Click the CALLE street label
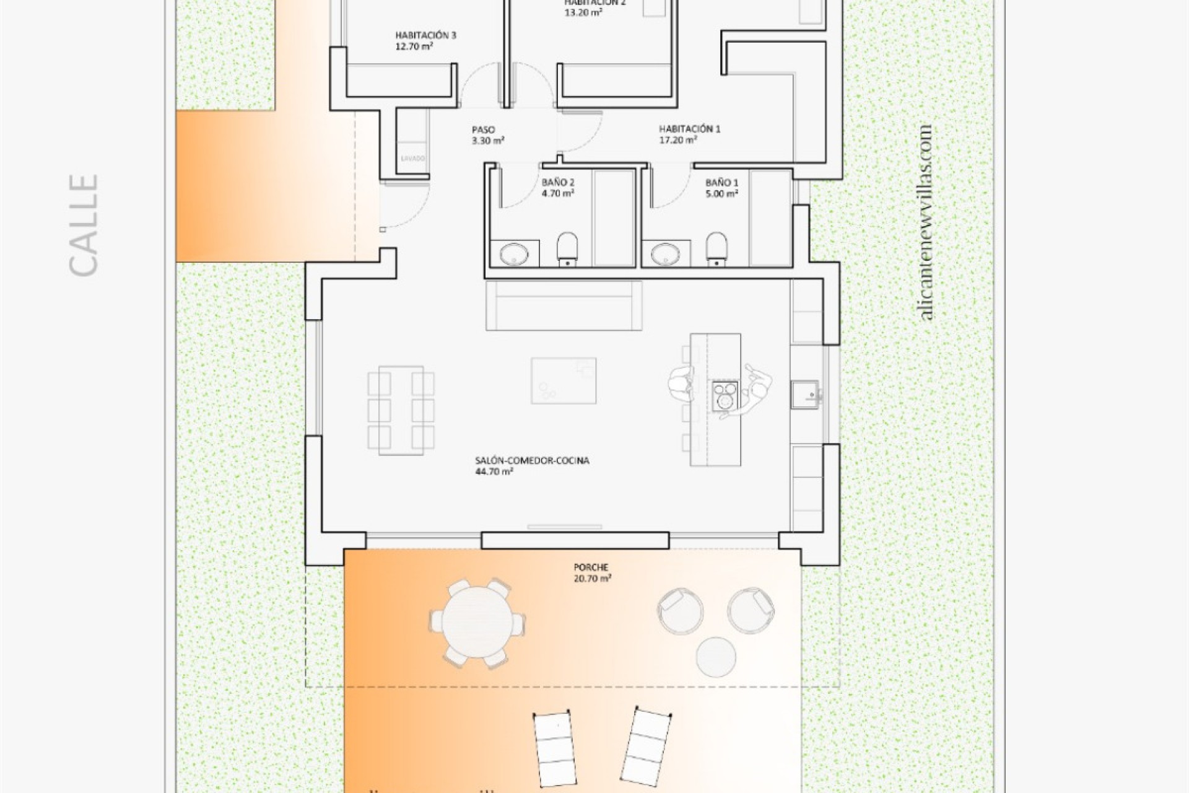click(84, 225)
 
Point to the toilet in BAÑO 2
click(567, 248)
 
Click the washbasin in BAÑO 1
click(666, 254)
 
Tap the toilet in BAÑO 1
click(716, 248)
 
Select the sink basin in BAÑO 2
click(514, 254)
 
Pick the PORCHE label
click(591, 567)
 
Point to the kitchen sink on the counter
click(805, 395)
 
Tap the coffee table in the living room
click(564, 380)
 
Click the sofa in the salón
click(564, 306)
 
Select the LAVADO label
click(413, 159)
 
